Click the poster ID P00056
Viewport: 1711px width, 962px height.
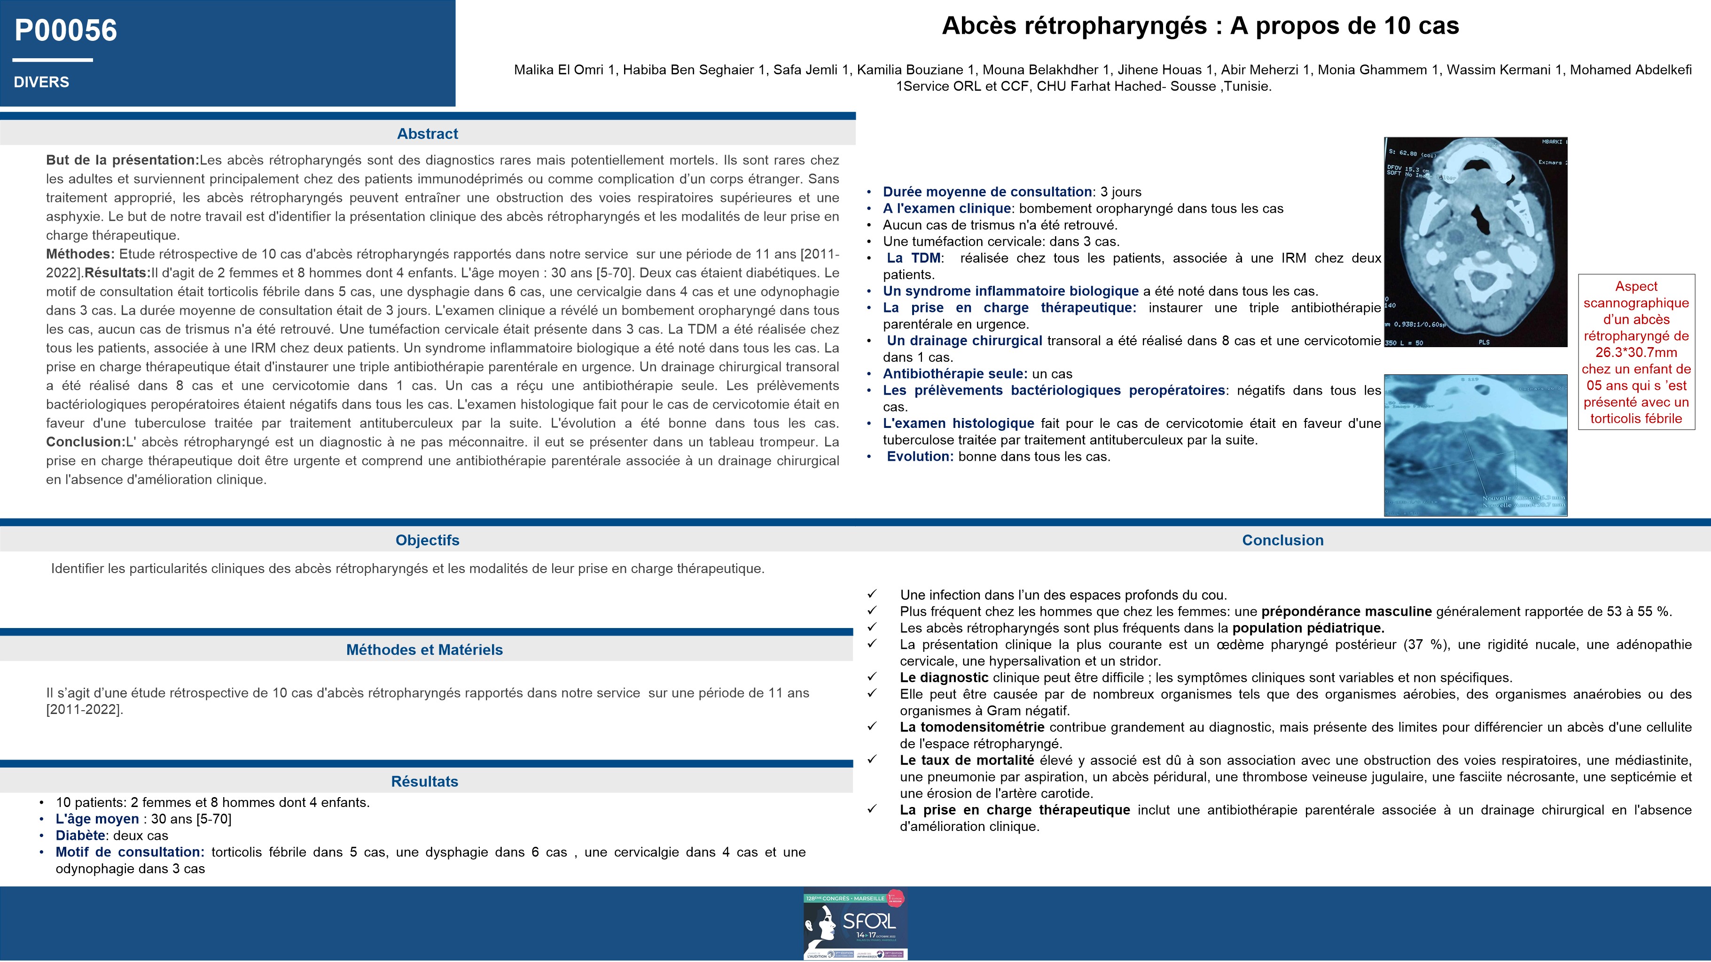tap(66, 31)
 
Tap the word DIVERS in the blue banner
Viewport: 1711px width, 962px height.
tap(41, 82)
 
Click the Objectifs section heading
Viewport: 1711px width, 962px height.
tap(427, 540)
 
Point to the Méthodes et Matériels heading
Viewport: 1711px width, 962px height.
tap(424, 650)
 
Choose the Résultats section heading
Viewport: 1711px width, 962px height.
tap(424, 782)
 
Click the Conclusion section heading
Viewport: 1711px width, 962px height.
tap(1282, 540)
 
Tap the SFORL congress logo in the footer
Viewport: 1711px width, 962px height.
tap(855, 924)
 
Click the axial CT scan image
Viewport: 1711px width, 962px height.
tap(1475, 242)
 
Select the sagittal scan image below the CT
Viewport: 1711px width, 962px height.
tap(1475, 445)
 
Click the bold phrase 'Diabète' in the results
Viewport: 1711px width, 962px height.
tap(80, 836)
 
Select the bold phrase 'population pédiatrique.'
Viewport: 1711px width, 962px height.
tap(1308, 628)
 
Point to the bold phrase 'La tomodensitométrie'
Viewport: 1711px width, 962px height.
tap(972, 728)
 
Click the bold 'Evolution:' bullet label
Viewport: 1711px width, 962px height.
tap(920, 457)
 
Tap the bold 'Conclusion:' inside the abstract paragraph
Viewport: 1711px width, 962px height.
tap(86, 442)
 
